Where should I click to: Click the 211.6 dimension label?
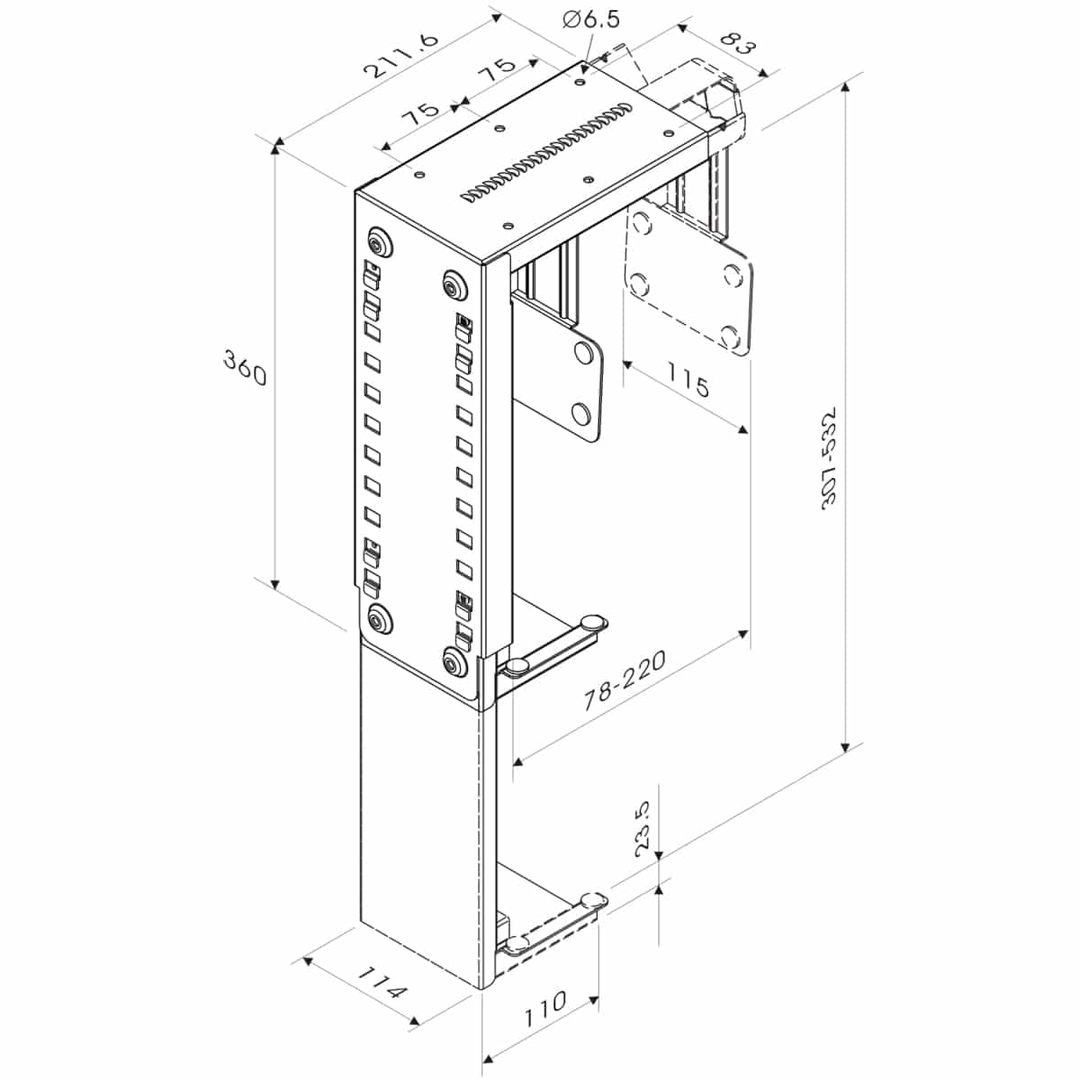tap(400, 56)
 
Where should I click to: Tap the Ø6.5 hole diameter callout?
tap(591, 20)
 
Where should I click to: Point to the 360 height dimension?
tap(245, 367)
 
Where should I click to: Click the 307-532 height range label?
tap(828, 458)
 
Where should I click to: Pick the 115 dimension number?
tap(688, 380)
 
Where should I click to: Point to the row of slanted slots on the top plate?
tap(546, 151)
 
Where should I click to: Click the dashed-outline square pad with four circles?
tap(688, 276)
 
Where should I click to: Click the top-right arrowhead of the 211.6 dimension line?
tap(496, 17)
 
